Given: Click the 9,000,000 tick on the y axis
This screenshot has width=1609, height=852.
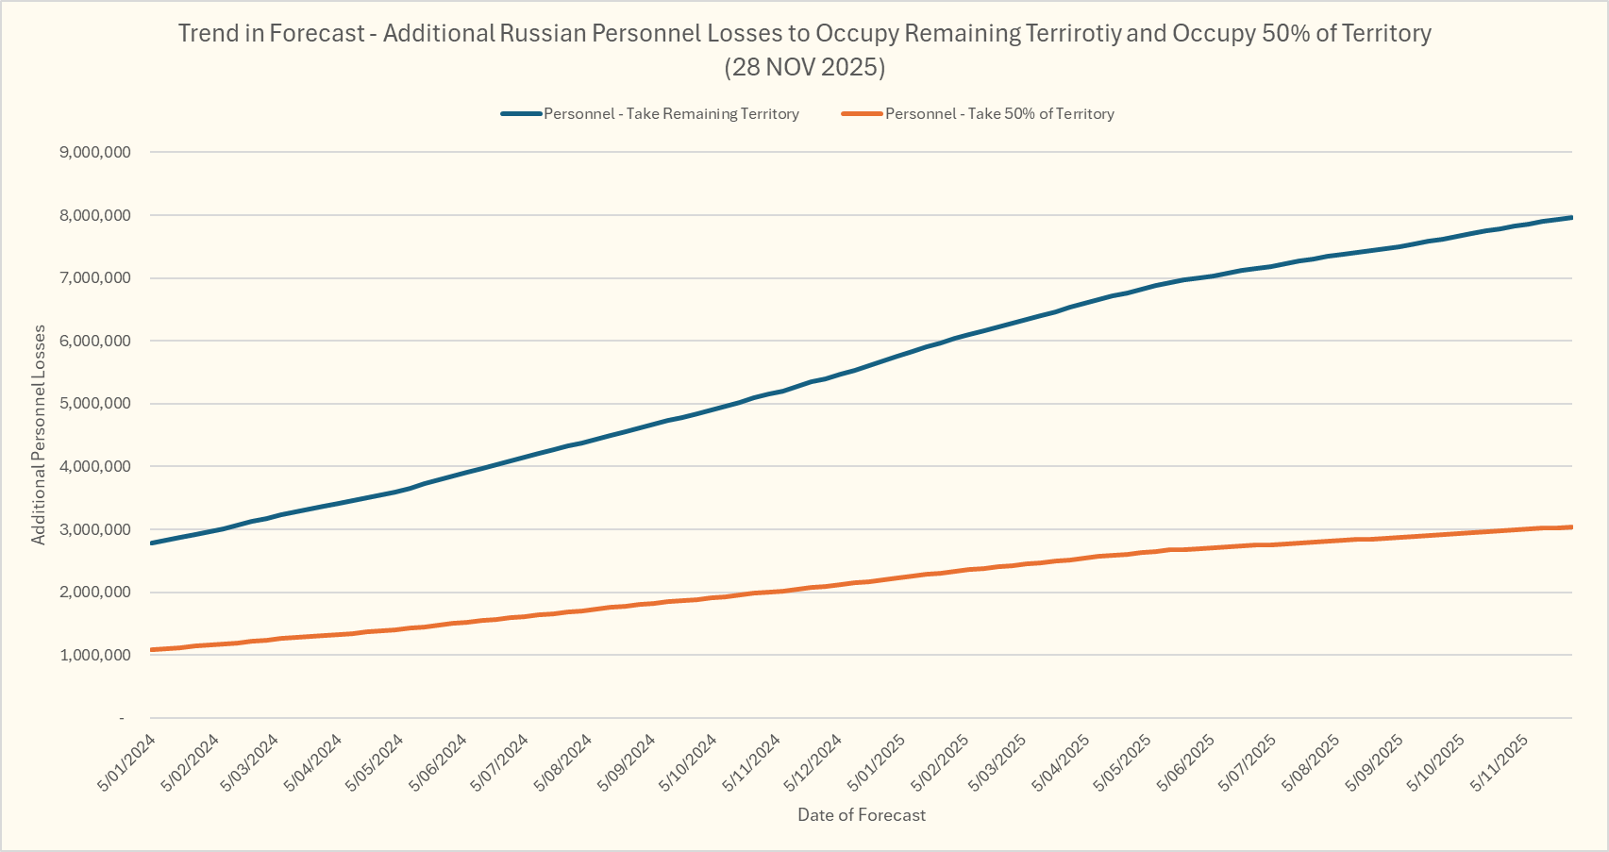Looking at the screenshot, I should (94, 152).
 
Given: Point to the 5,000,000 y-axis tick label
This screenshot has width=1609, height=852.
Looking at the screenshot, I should (94, 404).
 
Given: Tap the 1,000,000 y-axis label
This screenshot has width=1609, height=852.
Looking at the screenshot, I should (94, 656).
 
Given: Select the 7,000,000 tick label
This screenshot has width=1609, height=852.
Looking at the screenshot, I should (94, 278).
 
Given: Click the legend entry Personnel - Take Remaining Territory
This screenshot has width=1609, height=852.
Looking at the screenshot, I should (671, 114).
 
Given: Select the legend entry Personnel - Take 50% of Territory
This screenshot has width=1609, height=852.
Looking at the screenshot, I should (999, 114).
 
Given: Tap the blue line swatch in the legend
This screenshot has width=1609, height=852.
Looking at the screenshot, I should (521, 114).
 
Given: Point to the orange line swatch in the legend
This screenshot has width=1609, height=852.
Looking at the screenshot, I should (862, 114).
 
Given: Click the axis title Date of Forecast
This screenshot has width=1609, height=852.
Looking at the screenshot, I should (862, 815).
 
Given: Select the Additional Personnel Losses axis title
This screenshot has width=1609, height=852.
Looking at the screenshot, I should (39, 435).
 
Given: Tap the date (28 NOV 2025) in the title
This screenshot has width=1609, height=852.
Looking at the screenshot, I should (805, 68).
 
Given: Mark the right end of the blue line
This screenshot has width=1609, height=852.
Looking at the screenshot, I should (1571, 218).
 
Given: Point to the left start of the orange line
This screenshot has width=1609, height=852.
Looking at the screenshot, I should (152, 650).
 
